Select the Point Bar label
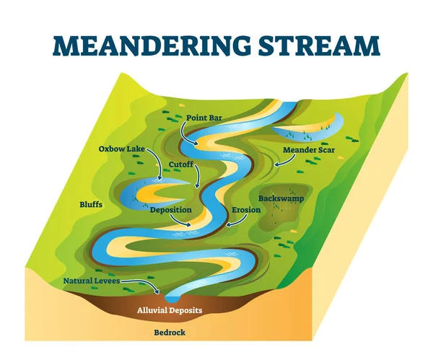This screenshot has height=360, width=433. (x=204, y=116)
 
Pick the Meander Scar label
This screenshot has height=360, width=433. (x=308, y=150)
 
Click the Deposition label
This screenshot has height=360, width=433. (x=170, y=210)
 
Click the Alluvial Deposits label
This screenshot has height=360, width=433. (x=170, y=310)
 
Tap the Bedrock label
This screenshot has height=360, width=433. (x=170, y=333)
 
